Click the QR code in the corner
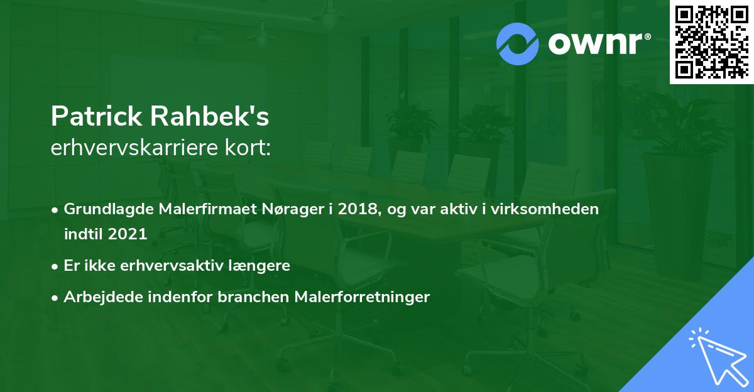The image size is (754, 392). pyautogui.click(x=711, y=42)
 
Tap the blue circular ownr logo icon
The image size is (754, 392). pyautogui.click(x=517, y=43)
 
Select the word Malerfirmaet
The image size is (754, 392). pyautogui.click(x=202, y=210)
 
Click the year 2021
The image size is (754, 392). pyautogui.click(x=128, y=234)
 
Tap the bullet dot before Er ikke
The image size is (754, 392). pyautogui.click(x=55, y=266)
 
